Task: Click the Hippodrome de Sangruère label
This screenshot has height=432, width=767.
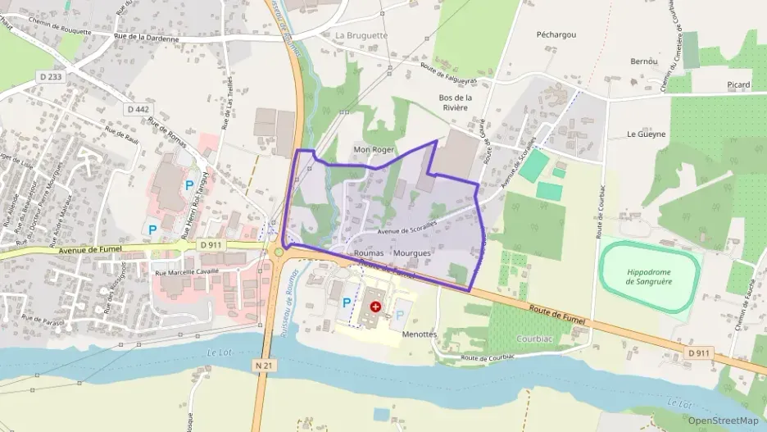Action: pos(648,276)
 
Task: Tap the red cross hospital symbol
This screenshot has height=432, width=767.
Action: pos(375,306)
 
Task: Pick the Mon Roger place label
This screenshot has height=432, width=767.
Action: pos(374,150)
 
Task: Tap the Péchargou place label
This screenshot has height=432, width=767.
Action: pos(556,35)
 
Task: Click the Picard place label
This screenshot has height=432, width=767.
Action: pos(738,85)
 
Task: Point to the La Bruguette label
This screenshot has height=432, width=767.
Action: pos(361,36)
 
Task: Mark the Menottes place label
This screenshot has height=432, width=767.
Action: pos(420,334)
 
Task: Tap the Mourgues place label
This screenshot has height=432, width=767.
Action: pos(411,253)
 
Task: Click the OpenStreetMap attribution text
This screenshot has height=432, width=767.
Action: pos(723,421)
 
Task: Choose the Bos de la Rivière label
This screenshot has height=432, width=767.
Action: pos(453,102)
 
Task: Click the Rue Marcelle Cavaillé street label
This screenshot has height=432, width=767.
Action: pos(189,272)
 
